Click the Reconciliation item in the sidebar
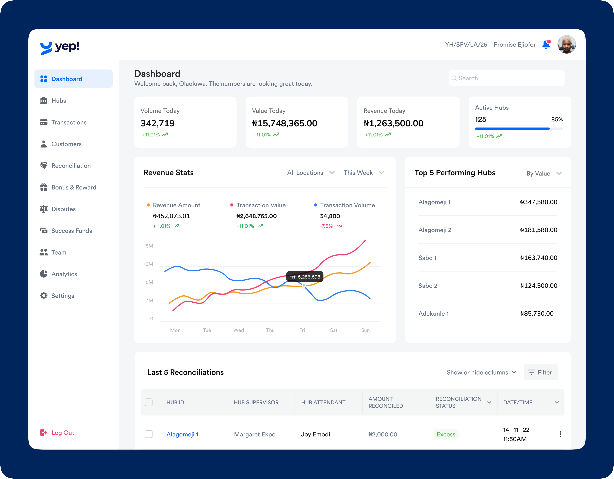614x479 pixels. [71, 166]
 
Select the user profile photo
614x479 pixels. [566, 44]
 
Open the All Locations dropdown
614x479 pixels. [311, 173]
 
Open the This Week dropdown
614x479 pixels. [363, 173]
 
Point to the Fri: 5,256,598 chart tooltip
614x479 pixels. [305, 277]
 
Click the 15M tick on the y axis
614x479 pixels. [148, 246]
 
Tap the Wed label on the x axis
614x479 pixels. [238, 330]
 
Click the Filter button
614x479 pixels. [541, 373]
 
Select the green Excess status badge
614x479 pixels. [446, 434]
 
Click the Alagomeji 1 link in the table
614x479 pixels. [182, 434]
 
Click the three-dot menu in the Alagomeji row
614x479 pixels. [560, 434]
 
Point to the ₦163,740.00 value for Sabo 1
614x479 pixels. [538, 258]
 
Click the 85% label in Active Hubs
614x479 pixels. [557, 119]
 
